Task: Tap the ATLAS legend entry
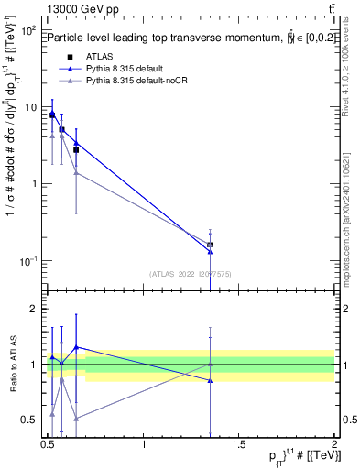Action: (x=98, y=57)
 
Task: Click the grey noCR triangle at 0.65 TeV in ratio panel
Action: (x=76, y=418)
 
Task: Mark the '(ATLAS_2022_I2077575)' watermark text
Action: (x=191, y=273)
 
